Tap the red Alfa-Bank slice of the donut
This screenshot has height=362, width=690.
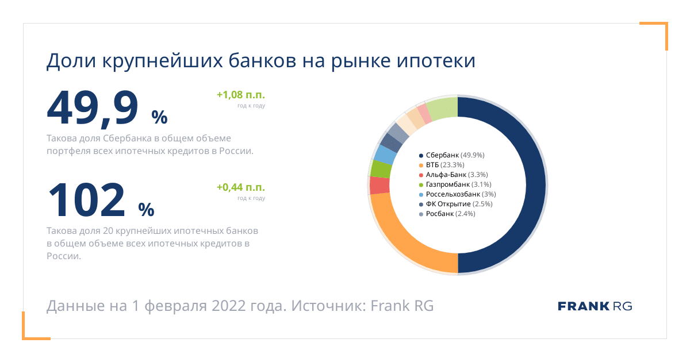(x=379, y=185)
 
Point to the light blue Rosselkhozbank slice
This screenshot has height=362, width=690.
(x=385, y=155)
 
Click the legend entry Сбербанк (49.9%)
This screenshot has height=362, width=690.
(x=451, y=155)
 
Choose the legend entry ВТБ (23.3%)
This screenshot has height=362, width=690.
(x=442, y=165)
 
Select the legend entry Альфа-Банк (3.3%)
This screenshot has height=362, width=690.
(x=454, y=175)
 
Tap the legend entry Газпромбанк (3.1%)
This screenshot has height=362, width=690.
(x=455, y=184)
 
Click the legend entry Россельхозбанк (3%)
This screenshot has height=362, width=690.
(x=458, y=194)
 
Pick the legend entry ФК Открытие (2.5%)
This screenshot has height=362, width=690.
(x=455, y=204)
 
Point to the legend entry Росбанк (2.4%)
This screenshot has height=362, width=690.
(x=447, y=214)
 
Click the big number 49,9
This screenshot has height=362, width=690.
(x=93, y=109)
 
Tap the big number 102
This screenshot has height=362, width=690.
(x=87, y=200)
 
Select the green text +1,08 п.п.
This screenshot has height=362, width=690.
(x=241, y=95)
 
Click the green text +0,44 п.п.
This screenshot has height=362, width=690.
(x=241, y=187)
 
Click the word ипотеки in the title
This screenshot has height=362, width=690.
(x=436, y=61)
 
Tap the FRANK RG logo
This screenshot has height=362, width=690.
(x=595, y=306)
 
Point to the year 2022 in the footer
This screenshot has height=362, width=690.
(x=229, y=306)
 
